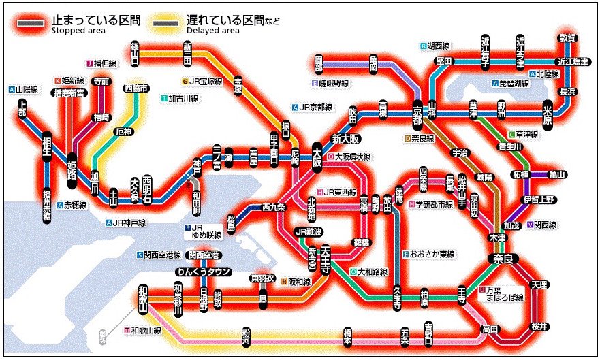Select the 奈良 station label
pos(503,259)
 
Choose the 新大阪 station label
pos(345,139)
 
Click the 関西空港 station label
pos(204,255)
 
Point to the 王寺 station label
pos(462,294)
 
